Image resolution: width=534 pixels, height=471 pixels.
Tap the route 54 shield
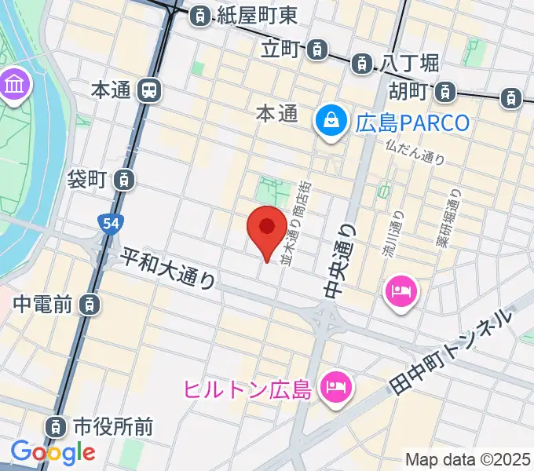[x=111, y=225]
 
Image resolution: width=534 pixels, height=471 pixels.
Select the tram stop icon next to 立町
[x=316, y=50]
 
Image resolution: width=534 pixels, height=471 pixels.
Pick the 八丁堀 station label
[x=410, y=62]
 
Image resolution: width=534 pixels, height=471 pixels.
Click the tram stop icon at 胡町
[x=446, y=91]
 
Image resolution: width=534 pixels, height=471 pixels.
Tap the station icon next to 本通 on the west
[x=148, y=90]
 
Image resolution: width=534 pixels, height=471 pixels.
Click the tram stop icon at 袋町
[x=124, y=180]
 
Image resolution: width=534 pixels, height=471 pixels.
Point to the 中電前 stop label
[x=44, y=302]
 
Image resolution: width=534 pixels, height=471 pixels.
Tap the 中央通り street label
[x=338, y=258]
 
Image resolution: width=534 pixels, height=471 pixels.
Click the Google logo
[x=53, y=452]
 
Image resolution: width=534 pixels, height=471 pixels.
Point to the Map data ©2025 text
[x=467, y=458]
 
